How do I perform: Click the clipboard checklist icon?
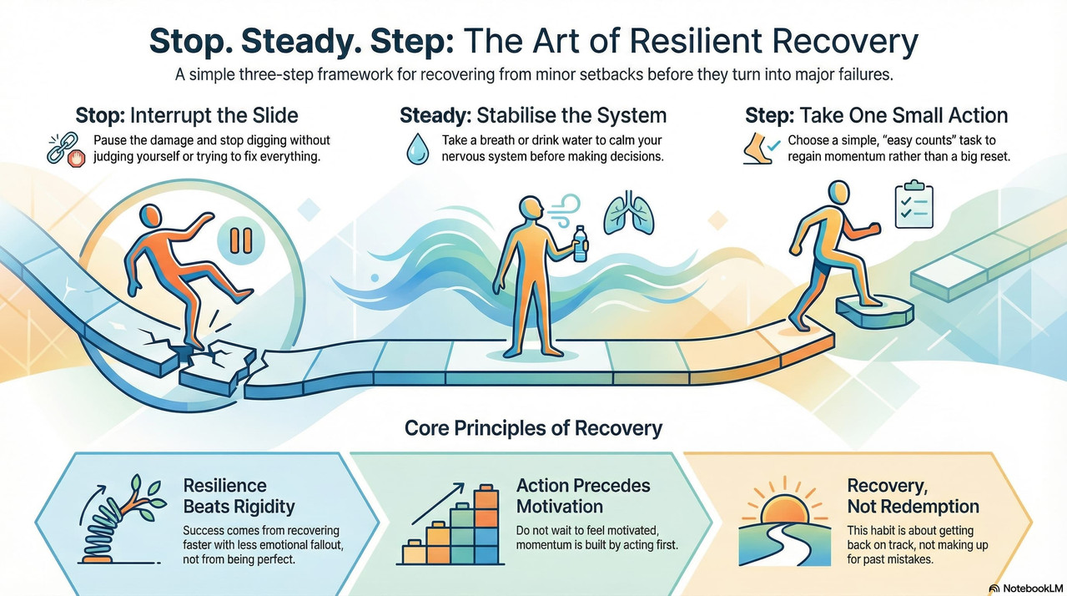[913, 205]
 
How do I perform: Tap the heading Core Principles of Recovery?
[533, 428]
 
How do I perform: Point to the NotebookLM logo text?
[1026, 588]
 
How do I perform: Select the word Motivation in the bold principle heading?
[559, 507]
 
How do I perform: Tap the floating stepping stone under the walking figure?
[873, 311]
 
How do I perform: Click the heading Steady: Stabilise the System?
[534, 114]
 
